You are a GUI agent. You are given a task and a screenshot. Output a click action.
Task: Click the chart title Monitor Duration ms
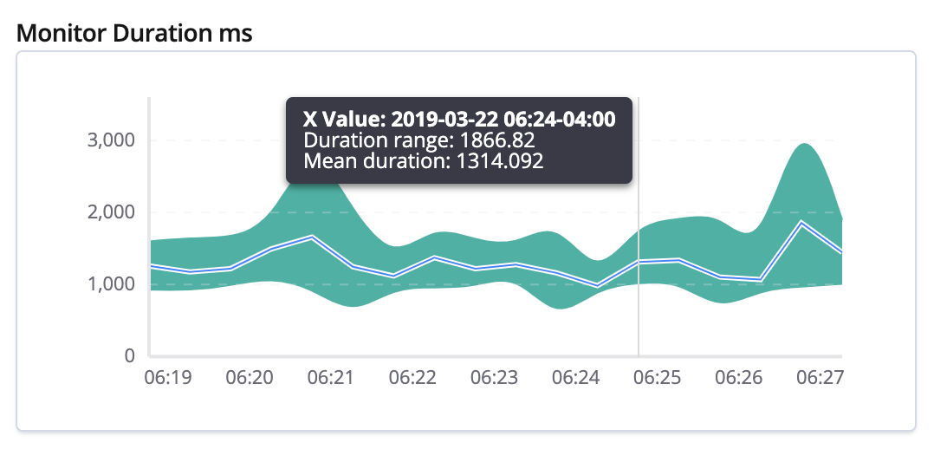tap(134, 33)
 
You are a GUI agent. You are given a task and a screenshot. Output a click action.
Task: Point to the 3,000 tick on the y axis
tap(112, 140)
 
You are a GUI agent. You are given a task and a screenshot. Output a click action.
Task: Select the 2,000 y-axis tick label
tap(112, 212)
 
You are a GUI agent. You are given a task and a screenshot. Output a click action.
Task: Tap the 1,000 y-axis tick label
tap(112, 284)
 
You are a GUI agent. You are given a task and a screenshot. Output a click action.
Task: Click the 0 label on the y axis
tap(129, 355)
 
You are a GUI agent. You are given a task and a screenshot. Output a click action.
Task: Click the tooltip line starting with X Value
tap(459, 120)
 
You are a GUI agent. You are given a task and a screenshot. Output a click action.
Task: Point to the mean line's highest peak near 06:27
tap(802, 223)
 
